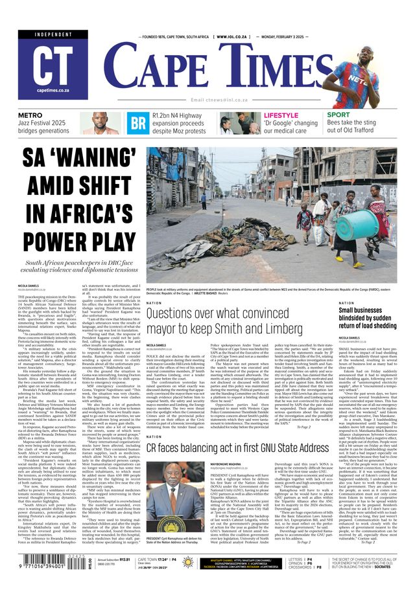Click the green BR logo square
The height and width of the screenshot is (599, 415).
(137, 123)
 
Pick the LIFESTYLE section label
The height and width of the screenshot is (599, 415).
(281, 116)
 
